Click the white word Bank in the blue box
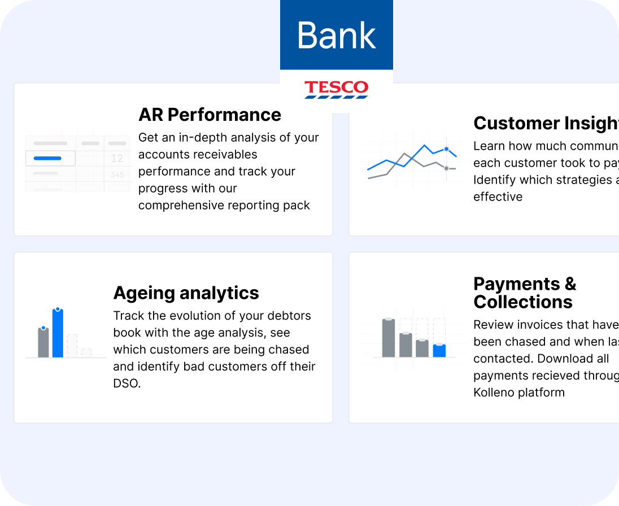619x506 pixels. click(x=337, y=35)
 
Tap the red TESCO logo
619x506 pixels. click(x=337, y=89)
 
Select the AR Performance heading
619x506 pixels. click(x=210, y=115)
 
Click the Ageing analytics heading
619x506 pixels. click(x=186, y=293)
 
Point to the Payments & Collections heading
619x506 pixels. click(x=524, y=293)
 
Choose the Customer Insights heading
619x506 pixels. click(x=546, y=123)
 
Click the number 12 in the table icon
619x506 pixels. click(x=117, y=159)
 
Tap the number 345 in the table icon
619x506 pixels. click(x=117, y=175)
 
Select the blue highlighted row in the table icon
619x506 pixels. click(x=50, y=159)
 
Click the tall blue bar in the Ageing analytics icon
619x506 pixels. click(x=58, y=333)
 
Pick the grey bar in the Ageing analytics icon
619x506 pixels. click(x=43, y=342)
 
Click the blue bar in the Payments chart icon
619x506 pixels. click(x=439, y=351)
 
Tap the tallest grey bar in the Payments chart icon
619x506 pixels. click(x=388, y=338)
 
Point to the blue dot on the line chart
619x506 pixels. click(x=446, y=149)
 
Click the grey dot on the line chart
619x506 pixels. click(x=446, y=168)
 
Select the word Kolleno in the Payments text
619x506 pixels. click(x=494, y=392)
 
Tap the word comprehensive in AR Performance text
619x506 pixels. click(x=177, y=205)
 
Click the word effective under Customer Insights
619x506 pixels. click(x=498, y=197)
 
